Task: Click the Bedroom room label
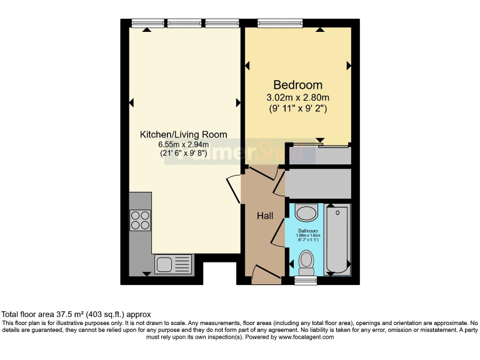click(x=297, y=85)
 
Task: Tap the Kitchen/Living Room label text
click(x=183, y=134)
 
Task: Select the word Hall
click(x=265, y=216)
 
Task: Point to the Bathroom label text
click(x=307, y=231)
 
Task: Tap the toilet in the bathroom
click(x=306, y=262)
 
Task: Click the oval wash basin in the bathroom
click(x=306, y=213)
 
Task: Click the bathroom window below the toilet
click(x=306, y=281)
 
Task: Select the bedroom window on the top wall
click(x=280, y=24)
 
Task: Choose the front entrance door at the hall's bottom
click(x=266, y=274)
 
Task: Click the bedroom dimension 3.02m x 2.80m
click(x=297, y=97)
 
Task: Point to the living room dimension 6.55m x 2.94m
click(x=183, y=144)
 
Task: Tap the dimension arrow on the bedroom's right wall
click(x=349, y=65)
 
